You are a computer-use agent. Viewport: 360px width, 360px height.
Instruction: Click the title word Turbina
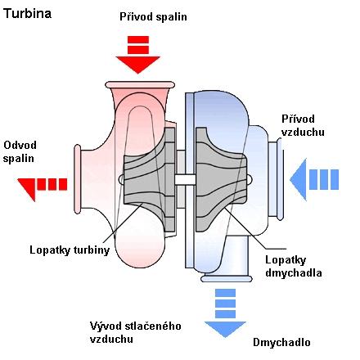click(x=28, y=14)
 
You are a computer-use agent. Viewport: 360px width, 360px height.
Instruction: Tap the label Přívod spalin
click(x=153, y=16)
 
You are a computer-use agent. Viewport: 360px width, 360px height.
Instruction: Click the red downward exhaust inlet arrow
click(x=138, y=55)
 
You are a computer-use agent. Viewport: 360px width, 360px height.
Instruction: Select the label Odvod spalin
click(x=20, y=151)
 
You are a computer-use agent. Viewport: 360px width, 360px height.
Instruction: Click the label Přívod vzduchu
click(x=303, y=125)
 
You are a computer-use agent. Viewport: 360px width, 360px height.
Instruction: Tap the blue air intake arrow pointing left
click(x=314, y=179)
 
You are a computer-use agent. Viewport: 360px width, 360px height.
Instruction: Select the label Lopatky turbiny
click(x=70, y=250)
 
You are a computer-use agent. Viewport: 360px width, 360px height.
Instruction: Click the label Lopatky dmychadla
click(x=294, y=266)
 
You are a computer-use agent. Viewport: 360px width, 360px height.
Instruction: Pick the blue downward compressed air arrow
click(x=225, y=313)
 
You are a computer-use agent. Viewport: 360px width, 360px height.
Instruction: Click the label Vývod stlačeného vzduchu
click(x=136, y=332)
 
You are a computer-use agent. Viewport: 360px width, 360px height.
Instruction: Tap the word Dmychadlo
click(x=281, y=342)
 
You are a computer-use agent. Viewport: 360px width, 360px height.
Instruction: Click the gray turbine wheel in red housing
click(x=149, y=179)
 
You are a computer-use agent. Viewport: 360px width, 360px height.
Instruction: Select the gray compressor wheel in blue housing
click(x=221, y=179)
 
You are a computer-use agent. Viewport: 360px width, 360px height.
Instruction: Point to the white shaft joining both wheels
click(x=185, y=180)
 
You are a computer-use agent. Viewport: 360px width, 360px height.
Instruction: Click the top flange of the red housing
click(x=140, y=85)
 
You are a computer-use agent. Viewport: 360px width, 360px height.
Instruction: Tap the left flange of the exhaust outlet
click(x=78, y=179)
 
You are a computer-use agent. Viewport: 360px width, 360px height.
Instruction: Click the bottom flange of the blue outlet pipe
click(x=227, y=279)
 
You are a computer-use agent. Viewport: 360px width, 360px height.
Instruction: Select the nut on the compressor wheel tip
click(x=250, y=179)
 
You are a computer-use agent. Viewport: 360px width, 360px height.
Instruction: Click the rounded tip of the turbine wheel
click(x=121, y=179)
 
